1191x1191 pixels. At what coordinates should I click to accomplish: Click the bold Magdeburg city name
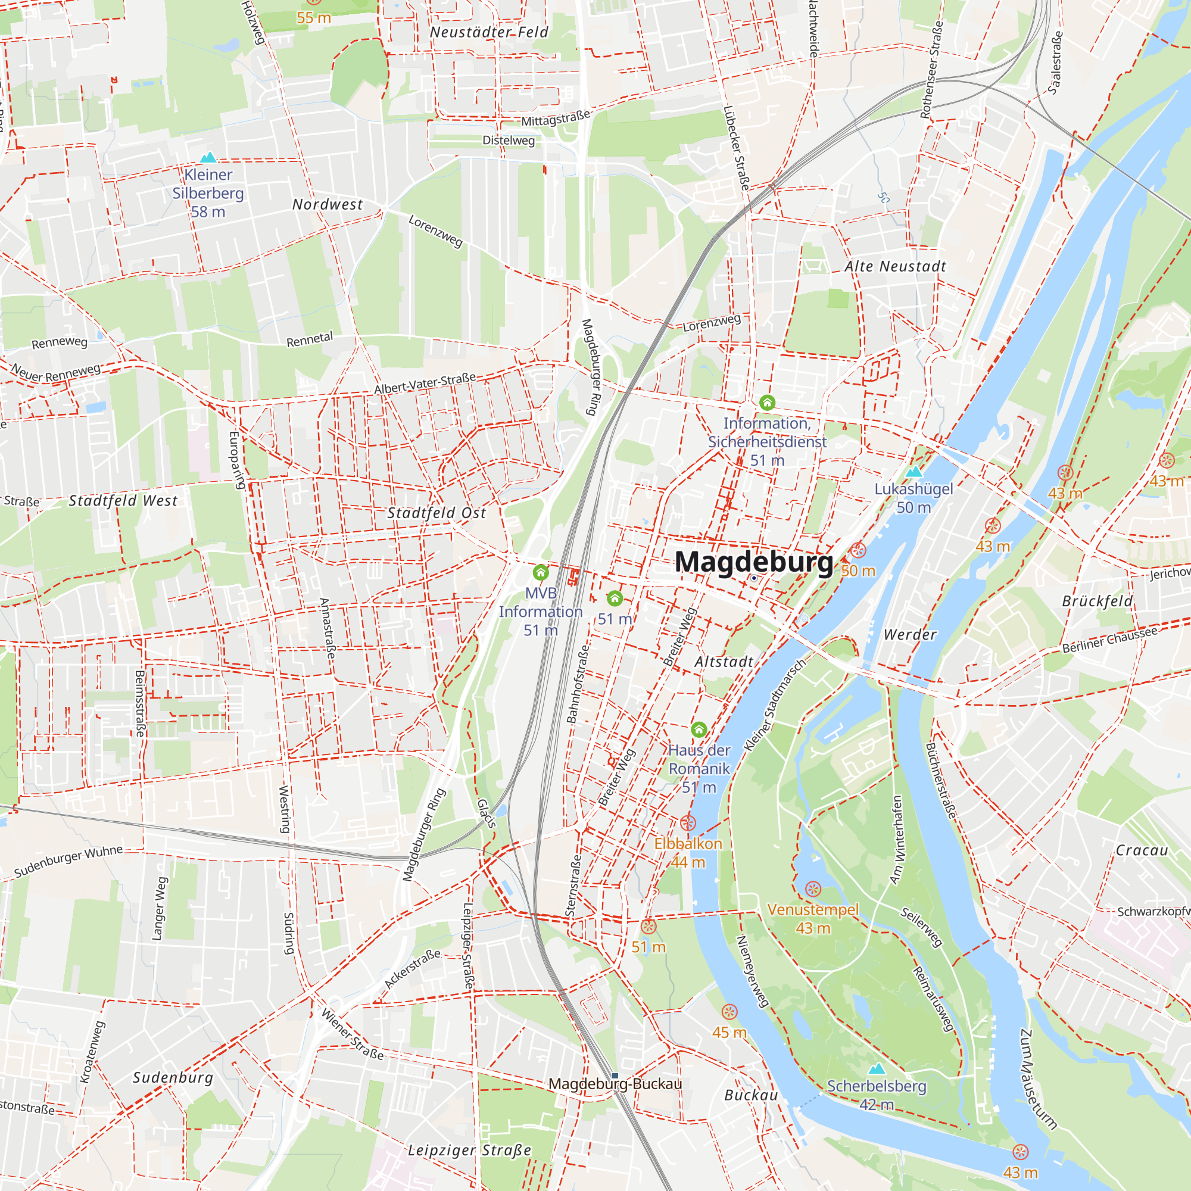753,562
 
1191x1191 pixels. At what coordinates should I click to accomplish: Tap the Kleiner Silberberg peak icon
208,157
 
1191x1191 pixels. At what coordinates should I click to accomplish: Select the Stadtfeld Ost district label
437,513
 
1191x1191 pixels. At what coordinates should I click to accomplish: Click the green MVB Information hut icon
541,572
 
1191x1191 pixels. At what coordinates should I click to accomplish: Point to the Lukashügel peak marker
913,472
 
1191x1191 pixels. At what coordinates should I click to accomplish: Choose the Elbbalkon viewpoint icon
688,822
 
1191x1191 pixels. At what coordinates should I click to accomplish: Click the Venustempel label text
812,910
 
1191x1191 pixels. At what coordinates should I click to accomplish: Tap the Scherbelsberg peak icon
876,1068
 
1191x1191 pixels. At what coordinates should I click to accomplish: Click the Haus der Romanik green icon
699,730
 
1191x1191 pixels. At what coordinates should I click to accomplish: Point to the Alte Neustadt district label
895,266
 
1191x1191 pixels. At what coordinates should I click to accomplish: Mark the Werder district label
910,634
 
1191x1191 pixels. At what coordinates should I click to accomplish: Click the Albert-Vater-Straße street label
425,384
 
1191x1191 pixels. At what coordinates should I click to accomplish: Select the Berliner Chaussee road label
1109,641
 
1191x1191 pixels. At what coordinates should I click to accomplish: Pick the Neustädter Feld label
489,32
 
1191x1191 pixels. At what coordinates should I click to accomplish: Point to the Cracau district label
1142,851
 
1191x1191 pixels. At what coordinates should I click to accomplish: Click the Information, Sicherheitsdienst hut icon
767,403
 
